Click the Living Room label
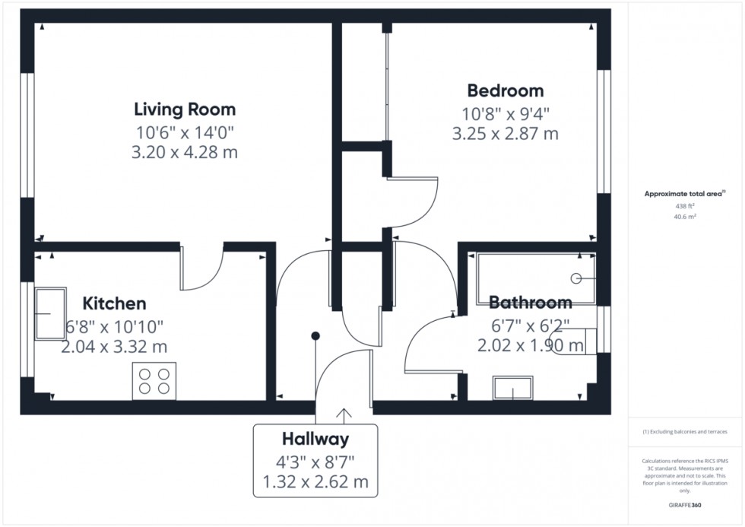[x=185, y=110]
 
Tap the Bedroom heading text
[x=506, y=90]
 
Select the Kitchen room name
[x=115, y=303]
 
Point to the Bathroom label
[x=531, y=302]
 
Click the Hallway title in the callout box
[x=315, y=439]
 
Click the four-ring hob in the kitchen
[x=154, y=381]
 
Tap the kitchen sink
[x=50, y=313]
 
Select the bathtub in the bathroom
[x=536, y=278]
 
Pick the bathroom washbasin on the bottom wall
[x=512, y=388]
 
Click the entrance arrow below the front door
[x=344, y=416]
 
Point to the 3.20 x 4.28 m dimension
[x=184, y=153]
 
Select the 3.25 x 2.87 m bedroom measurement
[x=505, y=134]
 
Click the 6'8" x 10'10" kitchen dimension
[x=115, y=327]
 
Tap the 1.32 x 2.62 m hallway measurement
[x=315, y=482]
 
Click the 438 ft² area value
[x=685, y=206]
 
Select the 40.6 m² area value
[x=685, y=217]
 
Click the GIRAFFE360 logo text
[x=685, y=505]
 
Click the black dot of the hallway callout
[x=315, y=336]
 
